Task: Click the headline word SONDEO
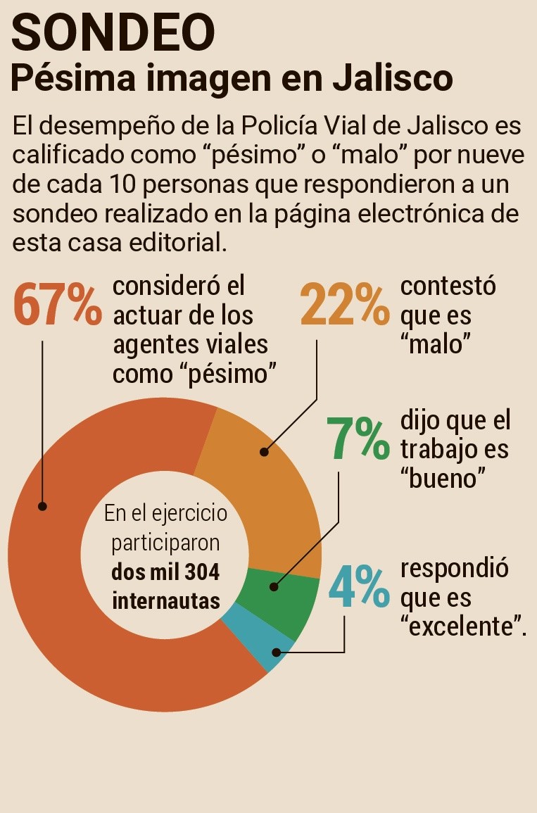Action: [x=113, y=33]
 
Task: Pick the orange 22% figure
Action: [x=345, y=305]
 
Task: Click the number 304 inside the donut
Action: [x=202, y=572]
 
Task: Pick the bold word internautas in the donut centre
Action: [x=166, y=602]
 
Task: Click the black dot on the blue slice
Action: [x=277, y=653]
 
